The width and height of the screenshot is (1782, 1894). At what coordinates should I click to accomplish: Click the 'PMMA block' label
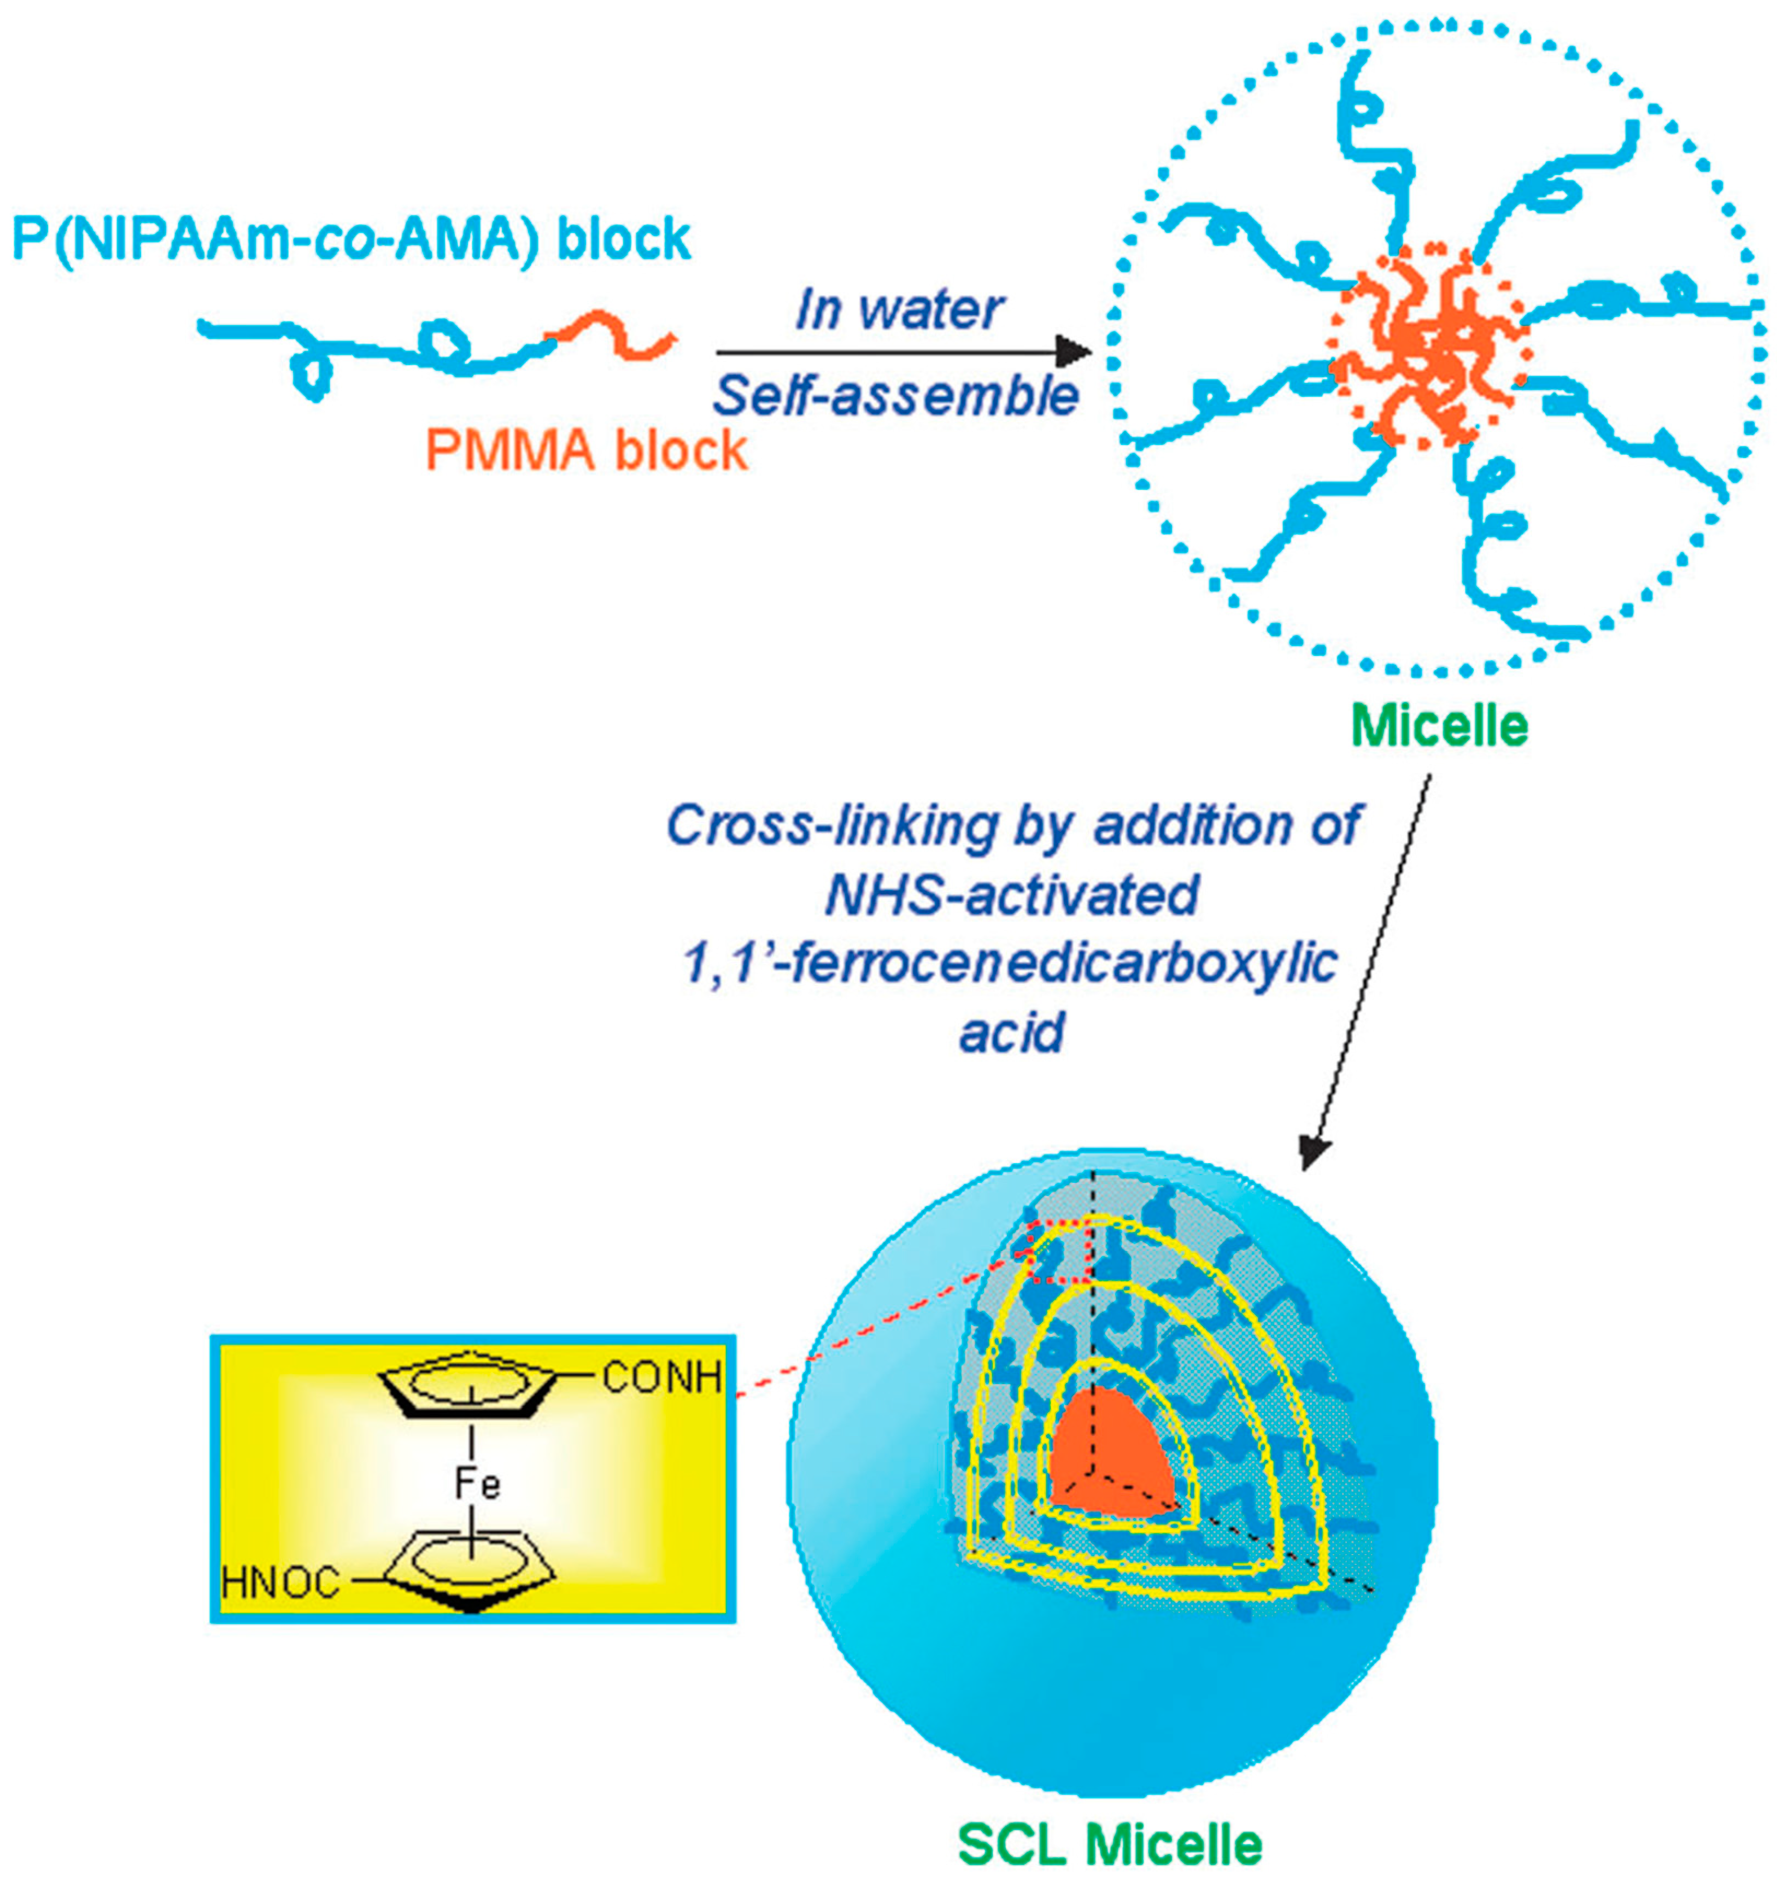[x=586, y=450]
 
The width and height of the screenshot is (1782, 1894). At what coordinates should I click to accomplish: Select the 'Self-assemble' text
[x=896, y=395]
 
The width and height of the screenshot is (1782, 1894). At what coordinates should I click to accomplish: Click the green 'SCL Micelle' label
[x=1110, y=1844]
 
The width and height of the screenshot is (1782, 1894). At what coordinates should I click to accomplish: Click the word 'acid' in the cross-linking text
[x=1011, y=1032]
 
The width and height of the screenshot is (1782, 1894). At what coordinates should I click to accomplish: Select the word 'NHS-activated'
[x=1011, y=895]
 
